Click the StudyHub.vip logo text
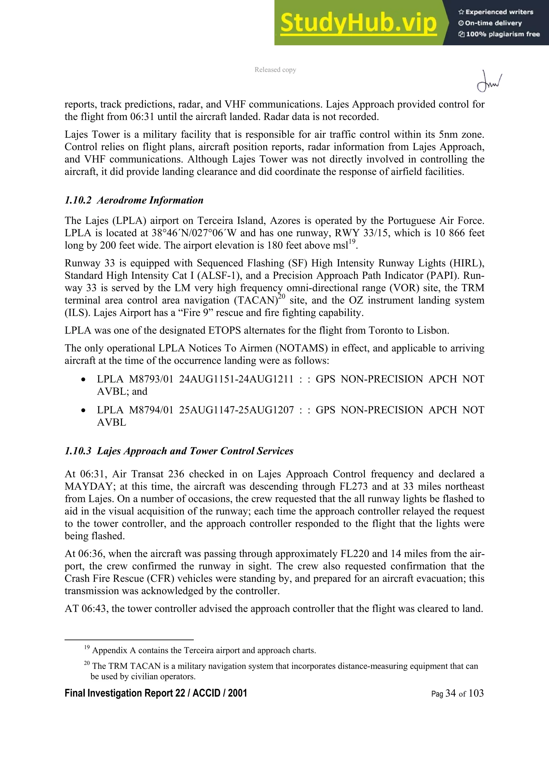358,23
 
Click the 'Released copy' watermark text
275,70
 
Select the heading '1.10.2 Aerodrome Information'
134,200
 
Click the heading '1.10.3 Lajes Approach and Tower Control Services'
179,451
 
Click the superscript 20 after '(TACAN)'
282,297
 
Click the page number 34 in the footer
451,693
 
